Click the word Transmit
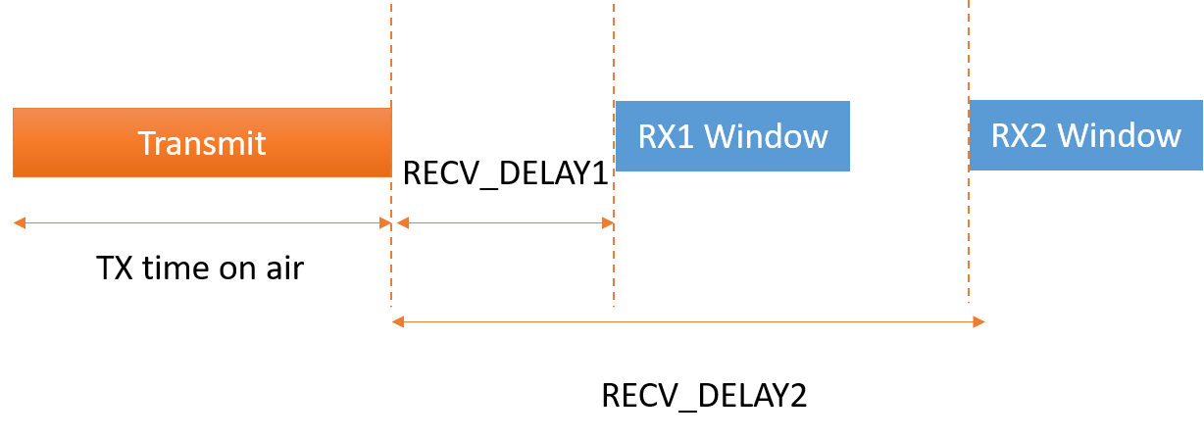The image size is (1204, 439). pos(202,143)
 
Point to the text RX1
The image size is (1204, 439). pos(667,136)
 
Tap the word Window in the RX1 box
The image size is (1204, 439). pos(767,136)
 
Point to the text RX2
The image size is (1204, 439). pos(1021,135)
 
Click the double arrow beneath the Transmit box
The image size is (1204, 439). pos(202,223)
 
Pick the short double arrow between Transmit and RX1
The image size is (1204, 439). pos(504,223)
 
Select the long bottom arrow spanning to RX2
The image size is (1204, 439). pos(686,321)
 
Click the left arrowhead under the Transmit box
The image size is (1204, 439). pos(18,223)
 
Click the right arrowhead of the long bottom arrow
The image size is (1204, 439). pos(978,321)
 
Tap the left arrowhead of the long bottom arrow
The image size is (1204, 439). pos(397,321)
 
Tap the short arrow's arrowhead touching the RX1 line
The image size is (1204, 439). pos(608,223)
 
